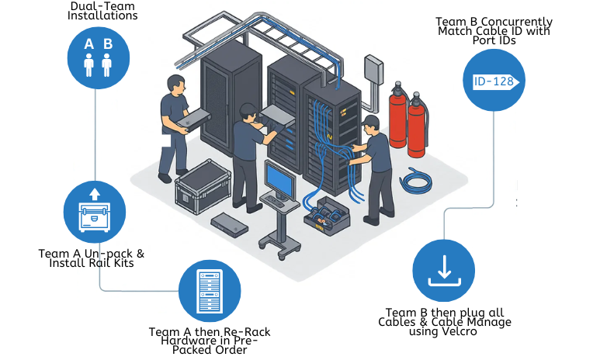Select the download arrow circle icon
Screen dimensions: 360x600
point(443,270)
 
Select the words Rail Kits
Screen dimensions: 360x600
point(121,263)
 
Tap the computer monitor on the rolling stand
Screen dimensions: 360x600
point(279,179)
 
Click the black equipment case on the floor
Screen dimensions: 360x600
point(200,186)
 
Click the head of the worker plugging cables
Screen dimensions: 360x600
point(371,124)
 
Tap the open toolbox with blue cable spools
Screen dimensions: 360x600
point(327,217)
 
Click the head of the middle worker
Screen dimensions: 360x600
point(250,112)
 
